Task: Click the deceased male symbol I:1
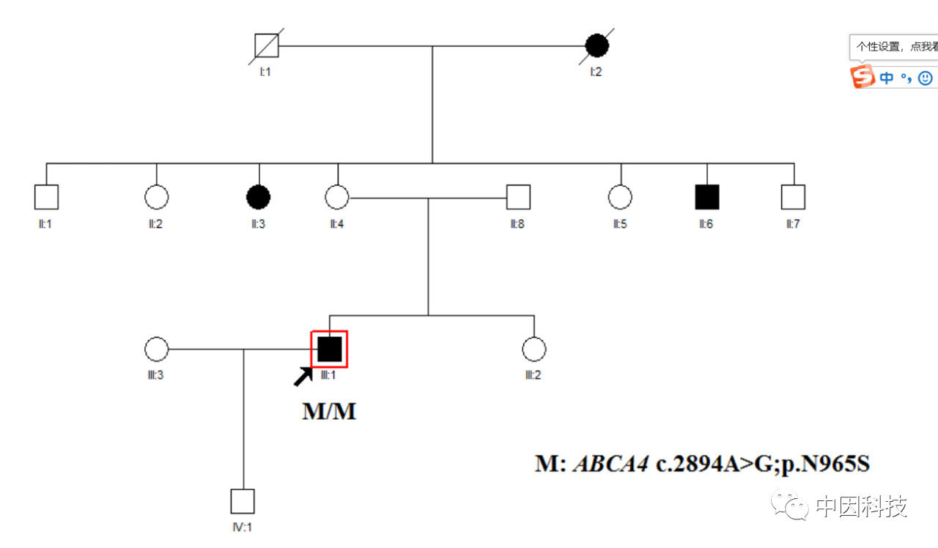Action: click(x=266, y=46)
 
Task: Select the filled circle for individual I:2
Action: click(x=597, y=46)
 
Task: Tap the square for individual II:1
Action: click(x=46, y=197)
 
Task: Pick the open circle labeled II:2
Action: click(x=156, y=197)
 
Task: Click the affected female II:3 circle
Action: click(x=259, y=197)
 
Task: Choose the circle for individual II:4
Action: click(x=336, y=197)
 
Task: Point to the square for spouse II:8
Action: click(x=518, y=197)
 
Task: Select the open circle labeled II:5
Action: click(x=620, y=197)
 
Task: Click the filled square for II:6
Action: click(x=706, y=197)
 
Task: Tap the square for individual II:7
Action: click(x=793, y=197)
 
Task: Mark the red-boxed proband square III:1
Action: click(x=329, y=349)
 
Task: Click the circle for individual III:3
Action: click(x=156, y=349)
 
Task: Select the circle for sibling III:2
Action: click(x=534, y=349)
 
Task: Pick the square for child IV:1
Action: click(x=243, y=501)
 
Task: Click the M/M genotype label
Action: click(x=329, y=412)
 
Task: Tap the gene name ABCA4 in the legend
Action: click(x=610, y=464)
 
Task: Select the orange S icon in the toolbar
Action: click(x=863, y=76)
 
